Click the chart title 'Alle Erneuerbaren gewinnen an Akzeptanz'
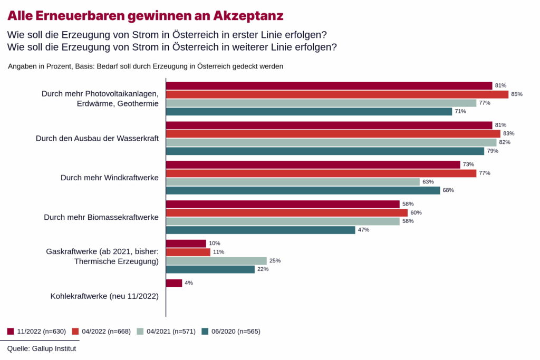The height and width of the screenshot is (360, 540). (x=145, y=16)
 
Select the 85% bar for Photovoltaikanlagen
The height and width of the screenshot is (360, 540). (x=337, y=94)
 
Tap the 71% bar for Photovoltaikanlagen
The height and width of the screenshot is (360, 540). (x=309, y=111)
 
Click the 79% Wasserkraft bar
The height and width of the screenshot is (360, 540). (x=325, y=151)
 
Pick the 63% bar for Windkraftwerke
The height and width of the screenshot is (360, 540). (x=293, y=182)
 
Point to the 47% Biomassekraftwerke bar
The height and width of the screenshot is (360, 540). (x=261, y=230)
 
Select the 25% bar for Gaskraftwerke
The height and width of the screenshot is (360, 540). (x=216, y=261)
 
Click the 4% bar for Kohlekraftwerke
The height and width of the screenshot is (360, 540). (x=174, y=283)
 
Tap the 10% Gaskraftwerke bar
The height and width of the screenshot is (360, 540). (x=186, y=244)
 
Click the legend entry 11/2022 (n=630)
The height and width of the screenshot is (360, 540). (x=36, y=332)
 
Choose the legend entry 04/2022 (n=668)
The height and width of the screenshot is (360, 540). (x=101, y=332)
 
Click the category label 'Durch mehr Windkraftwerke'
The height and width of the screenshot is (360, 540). (x=110, y=178)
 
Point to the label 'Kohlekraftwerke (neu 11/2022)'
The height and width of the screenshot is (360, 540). (x=104, y=296)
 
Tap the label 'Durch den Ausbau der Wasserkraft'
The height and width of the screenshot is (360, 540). (x=97, y=138)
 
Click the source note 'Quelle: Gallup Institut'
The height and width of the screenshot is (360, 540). (x=42, y=348)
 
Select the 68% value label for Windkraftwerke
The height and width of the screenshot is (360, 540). (x=448, y=190)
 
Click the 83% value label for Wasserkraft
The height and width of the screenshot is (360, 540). (x=508, y=134)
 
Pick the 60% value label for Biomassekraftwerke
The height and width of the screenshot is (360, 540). (x=416, y=213)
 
